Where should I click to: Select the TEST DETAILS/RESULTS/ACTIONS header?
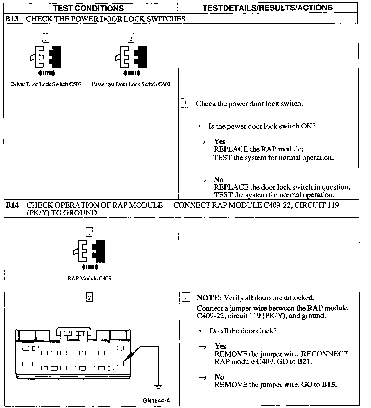268,8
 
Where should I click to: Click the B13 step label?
12,19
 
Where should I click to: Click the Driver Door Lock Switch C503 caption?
46,84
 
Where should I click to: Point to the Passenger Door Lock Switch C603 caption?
131,84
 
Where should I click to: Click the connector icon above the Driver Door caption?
46,57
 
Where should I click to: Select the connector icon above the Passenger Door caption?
131,57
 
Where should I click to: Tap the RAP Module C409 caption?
89,278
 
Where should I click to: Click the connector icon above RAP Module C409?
89,251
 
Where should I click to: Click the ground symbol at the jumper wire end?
158,387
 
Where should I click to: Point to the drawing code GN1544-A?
156,401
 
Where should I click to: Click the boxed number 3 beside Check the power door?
185,104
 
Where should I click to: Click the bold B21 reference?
304,361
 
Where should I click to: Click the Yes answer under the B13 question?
219,141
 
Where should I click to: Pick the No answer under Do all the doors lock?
219,377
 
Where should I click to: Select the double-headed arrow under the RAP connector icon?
89,267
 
